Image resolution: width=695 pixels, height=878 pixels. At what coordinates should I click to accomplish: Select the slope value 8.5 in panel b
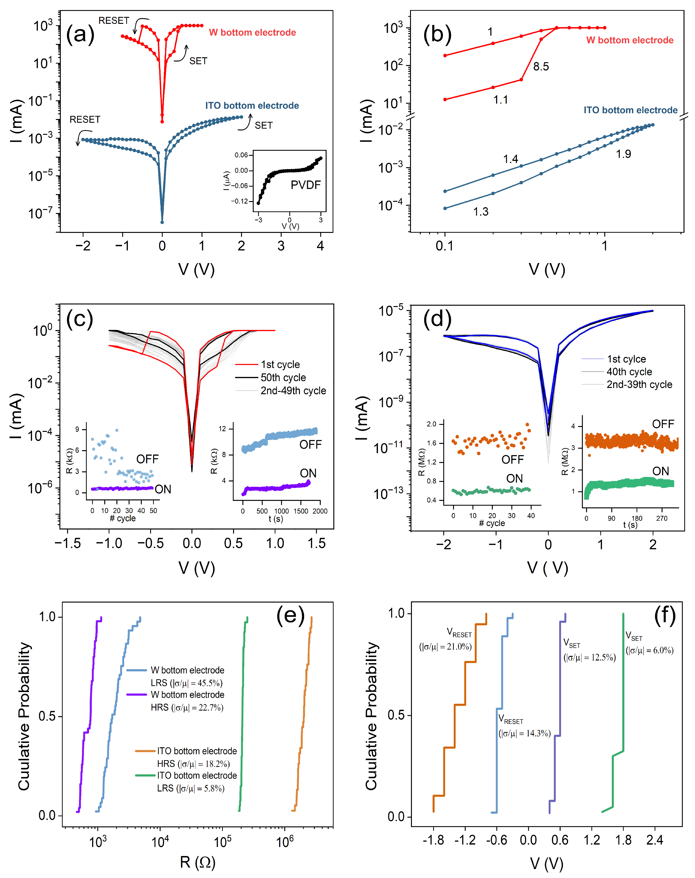541,66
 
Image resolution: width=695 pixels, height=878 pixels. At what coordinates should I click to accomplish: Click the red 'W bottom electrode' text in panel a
252,33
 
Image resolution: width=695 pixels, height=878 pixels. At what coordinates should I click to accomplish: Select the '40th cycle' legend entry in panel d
629,372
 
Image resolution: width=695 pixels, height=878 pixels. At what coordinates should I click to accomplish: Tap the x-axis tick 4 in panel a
320,246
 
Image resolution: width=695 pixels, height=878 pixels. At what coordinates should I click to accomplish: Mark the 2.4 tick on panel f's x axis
655,840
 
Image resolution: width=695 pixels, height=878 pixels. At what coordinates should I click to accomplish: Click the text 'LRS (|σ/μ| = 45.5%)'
186,683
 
